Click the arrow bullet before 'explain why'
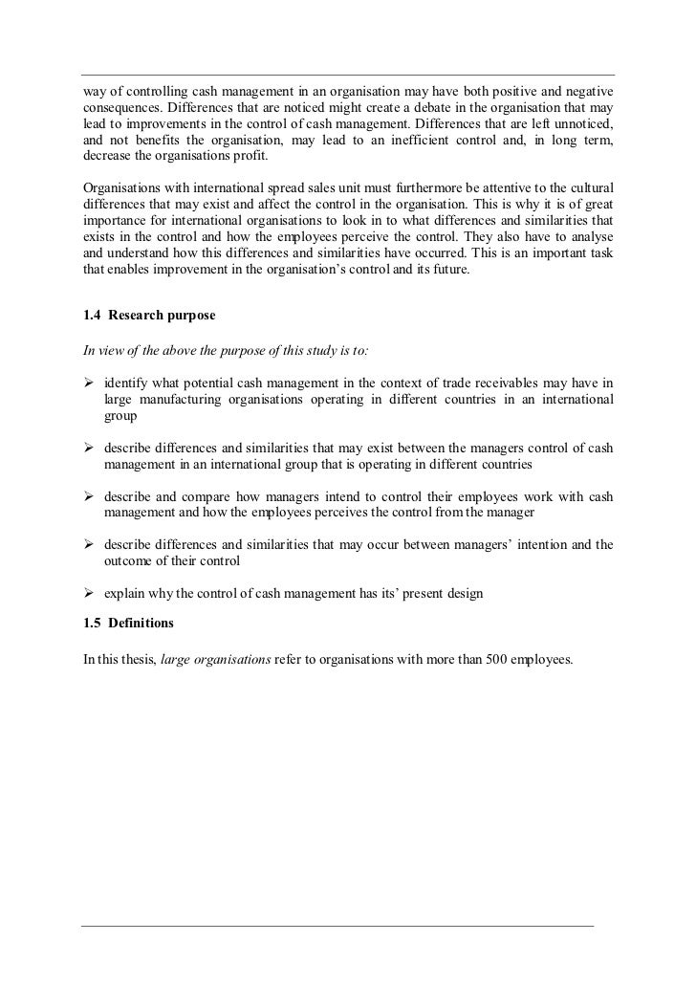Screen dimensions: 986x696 tap(90, 594)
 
